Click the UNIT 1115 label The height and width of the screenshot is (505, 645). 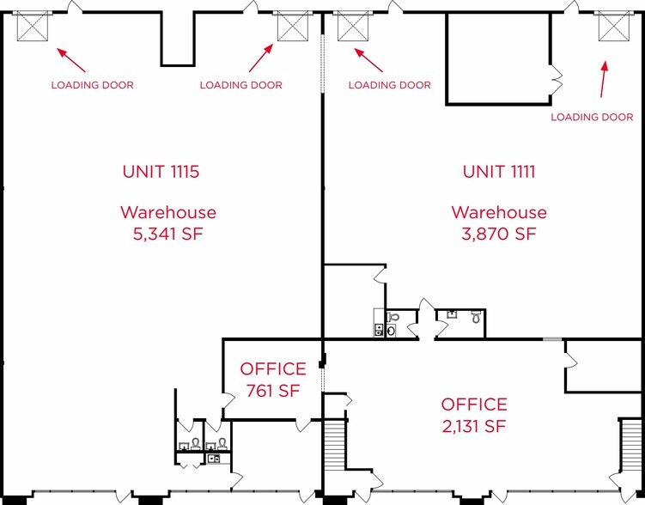click(161, 172)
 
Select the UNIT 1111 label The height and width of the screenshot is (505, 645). click(499, 172)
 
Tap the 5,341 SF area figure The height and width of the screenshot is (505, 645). click(167, 233)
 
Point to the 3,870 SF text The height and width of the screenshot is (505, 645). click(499, 233)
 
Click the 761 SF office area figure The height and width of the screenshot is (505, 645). click(273, 391)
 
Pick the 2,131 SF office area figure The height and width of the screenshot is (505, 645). click(474, 426)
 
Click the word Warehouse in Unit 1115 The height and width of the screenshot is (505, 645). click(167, 212)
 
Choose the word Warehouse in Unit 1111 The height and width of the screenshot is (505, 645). click(499, 212)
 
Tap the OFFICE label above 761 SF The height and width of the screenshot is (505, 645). click(273, 369)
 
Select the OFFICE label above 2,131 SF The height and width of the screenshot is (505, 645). click(474, 405)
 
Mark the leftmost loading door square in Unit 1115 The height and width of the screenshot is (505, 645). click(32, 27)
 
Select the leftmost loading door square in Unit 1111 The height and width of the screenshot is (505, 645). click(352, 27)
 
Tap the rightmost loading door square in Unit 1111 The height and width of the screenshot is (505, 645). click(613, 27)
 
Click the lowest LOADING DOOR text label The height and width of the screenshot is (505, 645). click(592, 117)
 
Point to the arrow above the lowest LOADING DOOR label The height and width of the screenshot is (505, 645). click(604, 80)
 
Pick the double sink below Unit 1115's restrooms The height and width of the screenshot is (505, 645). click(214, 459)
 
